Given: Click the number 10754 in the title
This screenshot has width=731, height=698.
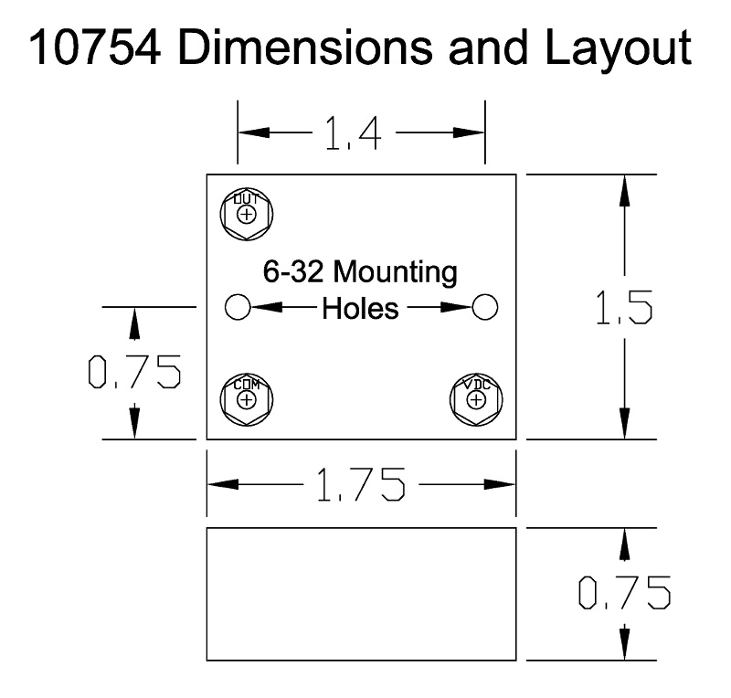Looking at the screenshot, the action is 95,48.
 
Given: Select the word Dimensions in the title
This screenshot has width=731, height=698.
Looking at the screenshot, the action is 305,48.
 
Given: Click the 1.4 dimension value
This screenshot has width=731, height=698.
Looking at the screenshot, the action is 353,132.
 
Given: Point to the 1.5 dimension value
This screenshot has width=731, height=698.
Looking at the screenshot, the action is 624,307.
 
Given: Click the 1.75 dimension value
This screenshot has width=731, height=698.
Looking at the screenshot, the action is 361,484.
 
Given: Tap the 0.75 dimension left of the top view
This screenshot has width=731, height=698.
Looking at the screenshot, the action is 134,372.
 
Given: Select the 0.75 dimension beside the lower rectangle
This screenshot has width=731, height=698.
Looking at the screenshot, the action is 624,593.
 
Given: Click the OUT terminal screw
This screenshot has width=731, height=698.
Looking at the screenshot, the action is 247,215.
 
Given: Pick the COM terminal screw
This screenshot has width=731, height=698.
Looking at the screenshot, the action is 247,399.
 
